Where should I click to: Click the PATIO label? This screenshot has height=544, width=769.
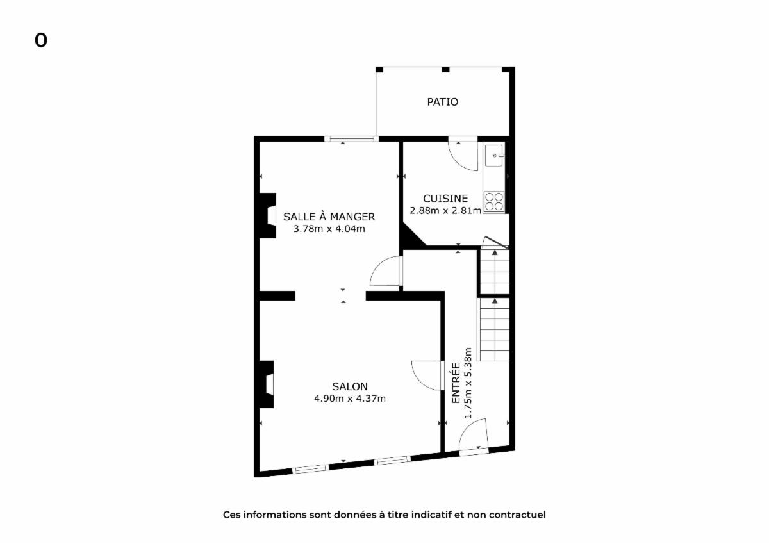point(443,102)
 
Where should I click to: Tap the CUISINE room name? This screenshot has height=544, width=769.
point(445,199)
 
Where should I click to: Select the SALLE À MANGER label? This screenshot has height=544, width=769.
point(329,217)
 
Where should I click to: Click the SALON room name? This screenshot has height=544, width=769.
point(350,387)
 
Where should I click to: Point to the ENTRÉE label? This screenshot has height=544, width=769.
point(456,383)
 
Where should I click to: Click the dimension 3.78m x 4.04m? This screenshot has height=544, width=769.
point(329,229)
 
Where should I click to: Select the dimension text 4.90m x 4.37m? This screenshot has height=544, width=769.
point(350,399)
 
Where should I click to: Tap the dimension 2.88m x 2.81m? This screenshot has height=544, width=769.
point(445,211)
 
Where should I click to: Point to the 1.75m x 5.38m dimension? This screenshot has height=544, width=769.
point(468,383)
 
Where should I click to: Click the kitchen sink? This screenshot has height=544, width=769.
point(494,156)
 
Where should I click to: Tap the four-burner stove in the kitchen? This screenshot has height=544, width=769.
point(494,201)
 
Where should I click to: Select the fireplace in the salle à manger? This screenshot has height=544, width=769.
point(267,215)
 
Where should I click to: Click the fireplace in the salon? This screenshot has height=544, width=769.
point(266,384)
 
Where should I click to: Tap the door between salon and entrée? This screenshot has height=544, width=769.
point(426,375)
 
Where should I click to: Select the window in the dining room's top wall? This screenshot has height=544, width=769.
point(351,139)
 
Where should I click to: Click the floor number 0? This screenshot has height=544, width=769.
point(41,40)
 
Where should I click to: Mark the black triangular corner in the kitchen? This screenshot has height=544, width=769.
point(410,237)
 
